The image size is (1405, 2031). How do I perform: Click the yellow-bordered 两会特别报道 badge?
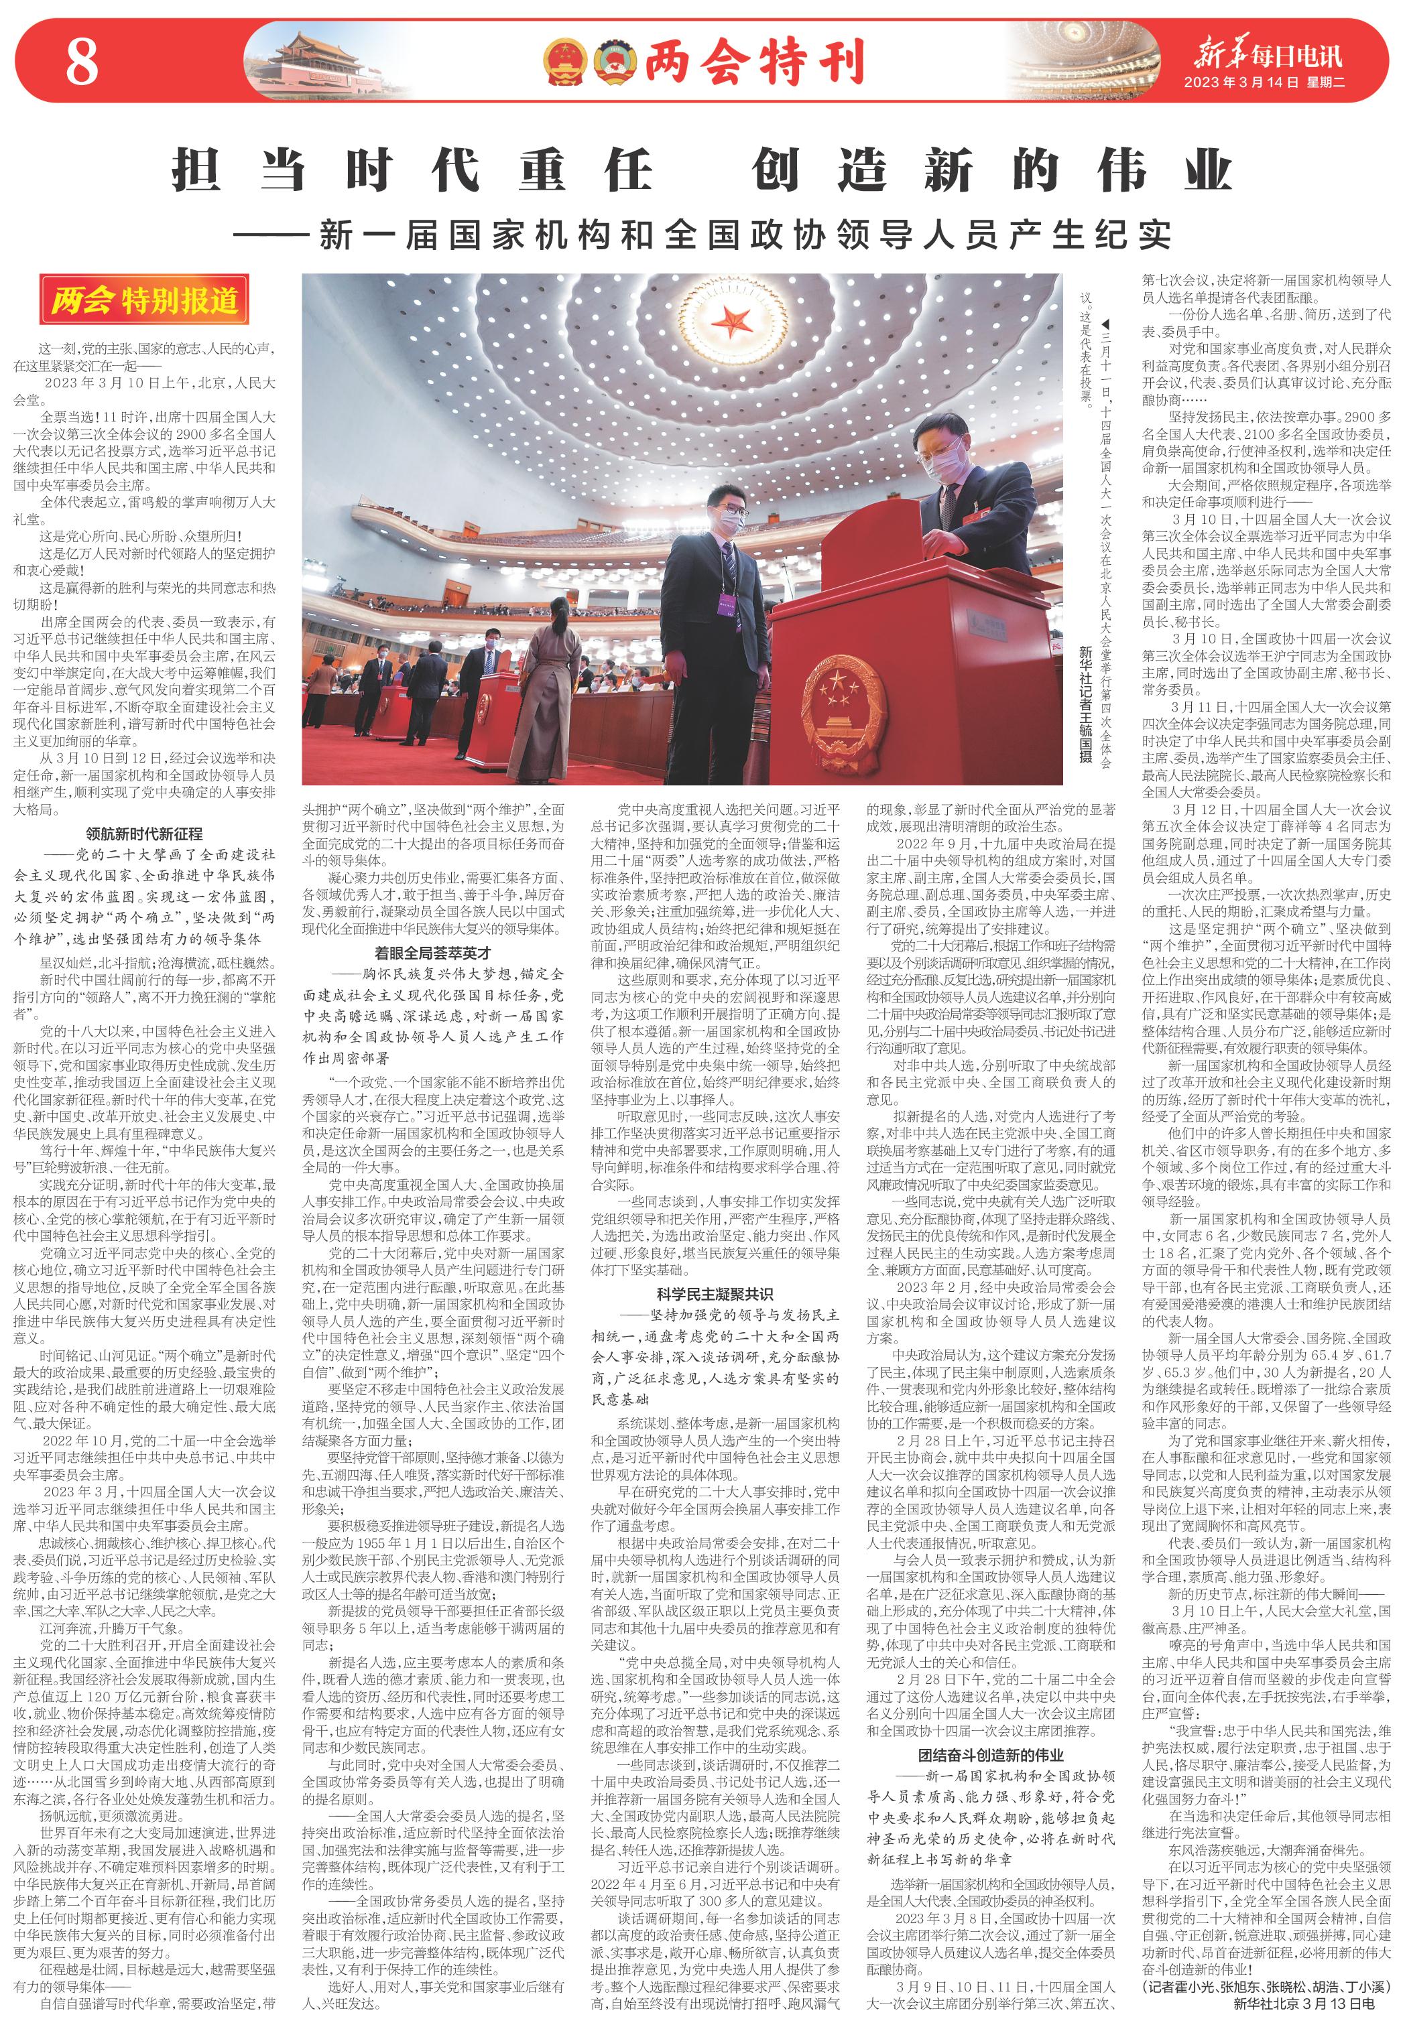tap(143, 301)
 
